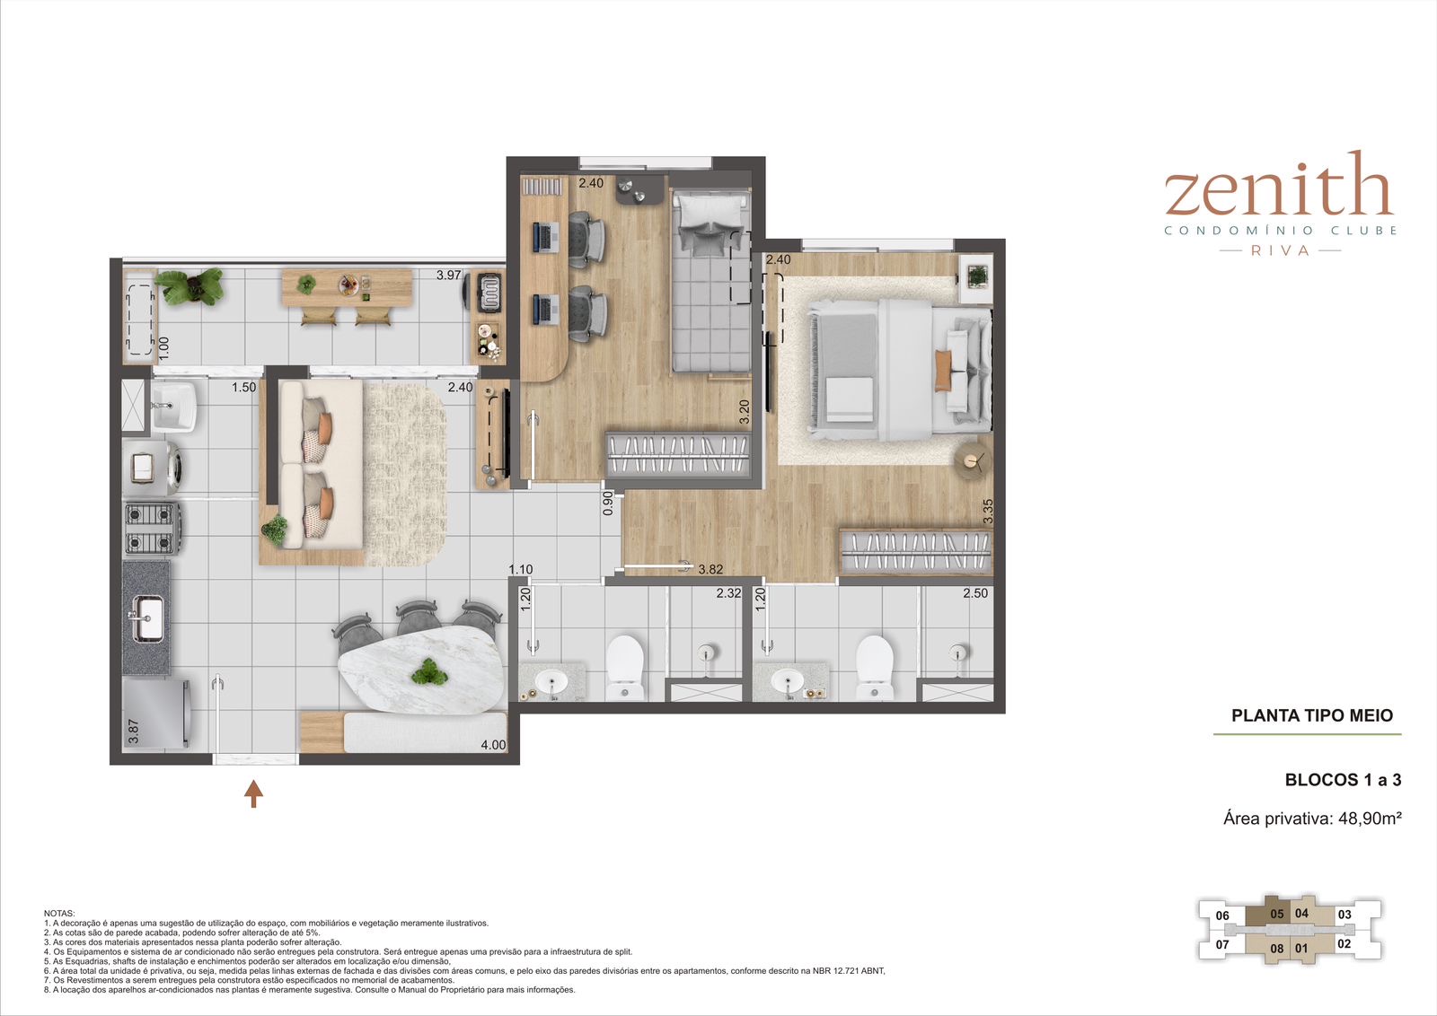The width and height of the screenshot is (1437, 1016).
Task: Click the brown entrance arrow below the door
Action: (x=253, y=793)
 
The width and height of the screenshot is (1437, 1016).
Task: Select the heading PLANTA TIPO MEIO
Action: (x=1312, y=715)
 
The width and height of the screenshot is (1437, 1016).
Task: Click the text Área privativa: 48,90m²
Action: (x=1312, y=819)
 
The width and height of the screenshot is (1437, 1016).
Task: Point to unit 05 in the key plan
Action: (x=1276, y=914)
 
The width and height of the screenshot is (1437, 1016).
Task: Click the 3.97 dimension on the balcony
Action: (x=448, y=275)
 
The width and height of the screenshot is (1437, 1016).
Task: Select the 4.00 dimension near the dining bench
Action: (x=493, y=745)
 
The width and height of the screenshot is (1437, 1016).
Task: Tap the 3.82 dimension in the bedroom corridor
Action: (x=710, y=568)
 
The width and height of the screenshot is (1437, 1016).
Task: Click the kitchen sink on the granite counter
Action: (x=147, y=617)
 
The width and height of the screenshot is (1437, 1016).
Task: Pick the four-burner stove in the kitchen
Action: (x=152, y=528)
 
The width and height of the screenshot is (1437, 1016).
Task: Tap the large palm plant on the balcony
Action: (x=190, y=286)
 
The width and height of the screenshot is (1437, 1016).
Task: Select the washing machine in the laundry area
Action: (x=153, y=468)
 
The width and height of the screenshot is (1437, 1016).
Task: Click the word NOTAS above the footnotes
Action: (x=59, y=914)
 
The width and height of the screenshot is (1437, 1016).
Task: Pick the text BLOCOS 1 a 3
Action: (x=1343, y=779)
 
